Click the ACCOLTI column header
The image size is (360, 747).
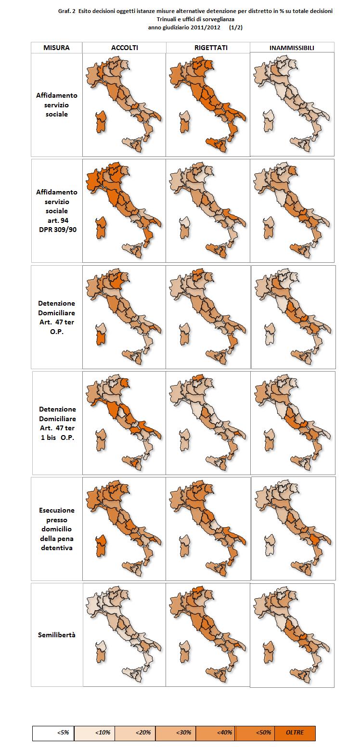[124, 48]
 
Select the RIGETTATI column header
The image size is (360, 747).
[208, 48]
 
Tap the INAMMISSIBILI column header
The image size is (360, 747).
[292, 48]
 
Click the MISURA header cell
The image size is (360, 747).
[56, 48]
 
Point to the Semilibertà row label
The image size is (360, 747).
[56, 635]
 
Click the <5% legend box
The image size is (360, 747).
[52, 733]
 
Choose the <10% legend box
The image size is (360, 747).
[93, 733]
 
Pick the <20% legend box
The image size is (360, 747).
[133, 733]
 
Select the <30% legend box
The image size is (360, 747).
[174, 733]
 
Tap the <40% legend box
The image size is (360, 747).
[214, 733]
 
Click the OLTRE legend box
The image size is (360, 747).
[295, 733]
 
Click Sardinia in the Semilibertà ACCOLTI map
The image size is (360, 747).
[101, 652]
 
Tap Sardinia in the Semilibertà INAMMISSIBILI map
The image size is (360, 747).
[269, 653]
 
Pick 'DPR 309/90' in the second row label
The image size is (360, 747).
[56, 230]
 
